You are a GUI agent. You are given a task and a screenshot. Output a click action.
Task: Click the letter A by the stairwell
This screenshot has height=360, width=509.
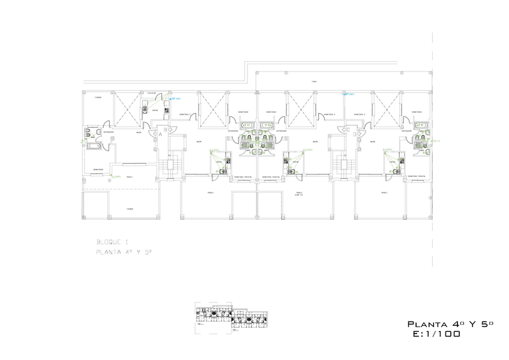point(160,135)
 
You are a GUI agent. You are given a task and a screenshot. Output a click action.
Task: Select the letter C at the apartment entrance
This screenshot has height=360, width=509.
point(348,129)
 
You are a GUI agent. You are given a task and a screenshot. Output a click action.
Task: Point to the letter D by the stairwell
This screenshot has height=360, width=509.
point(355,134)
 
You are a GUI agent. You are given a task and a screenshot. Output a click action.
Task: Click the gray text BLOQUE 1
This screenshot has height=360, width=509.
point(112,241)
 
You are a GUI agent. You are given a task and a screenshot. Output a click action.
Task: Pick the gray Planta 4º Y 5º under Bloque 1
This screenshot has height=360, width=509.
point(124,253)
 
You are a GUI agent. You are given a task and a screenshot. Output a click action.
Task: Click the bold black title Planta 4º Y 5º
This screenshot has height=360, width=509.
point(450,324)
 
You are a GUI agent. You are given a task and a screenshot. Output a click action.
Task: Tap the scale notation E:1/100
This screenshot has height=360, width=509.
point(436,334)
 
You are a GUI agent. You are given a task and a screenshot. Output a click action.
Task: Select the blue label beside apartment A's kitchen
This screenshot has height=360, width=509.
point(176,98)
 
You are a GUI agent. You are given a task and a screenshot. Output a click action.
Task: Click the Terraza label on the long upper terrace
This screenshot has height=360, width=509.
point(313,82)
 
